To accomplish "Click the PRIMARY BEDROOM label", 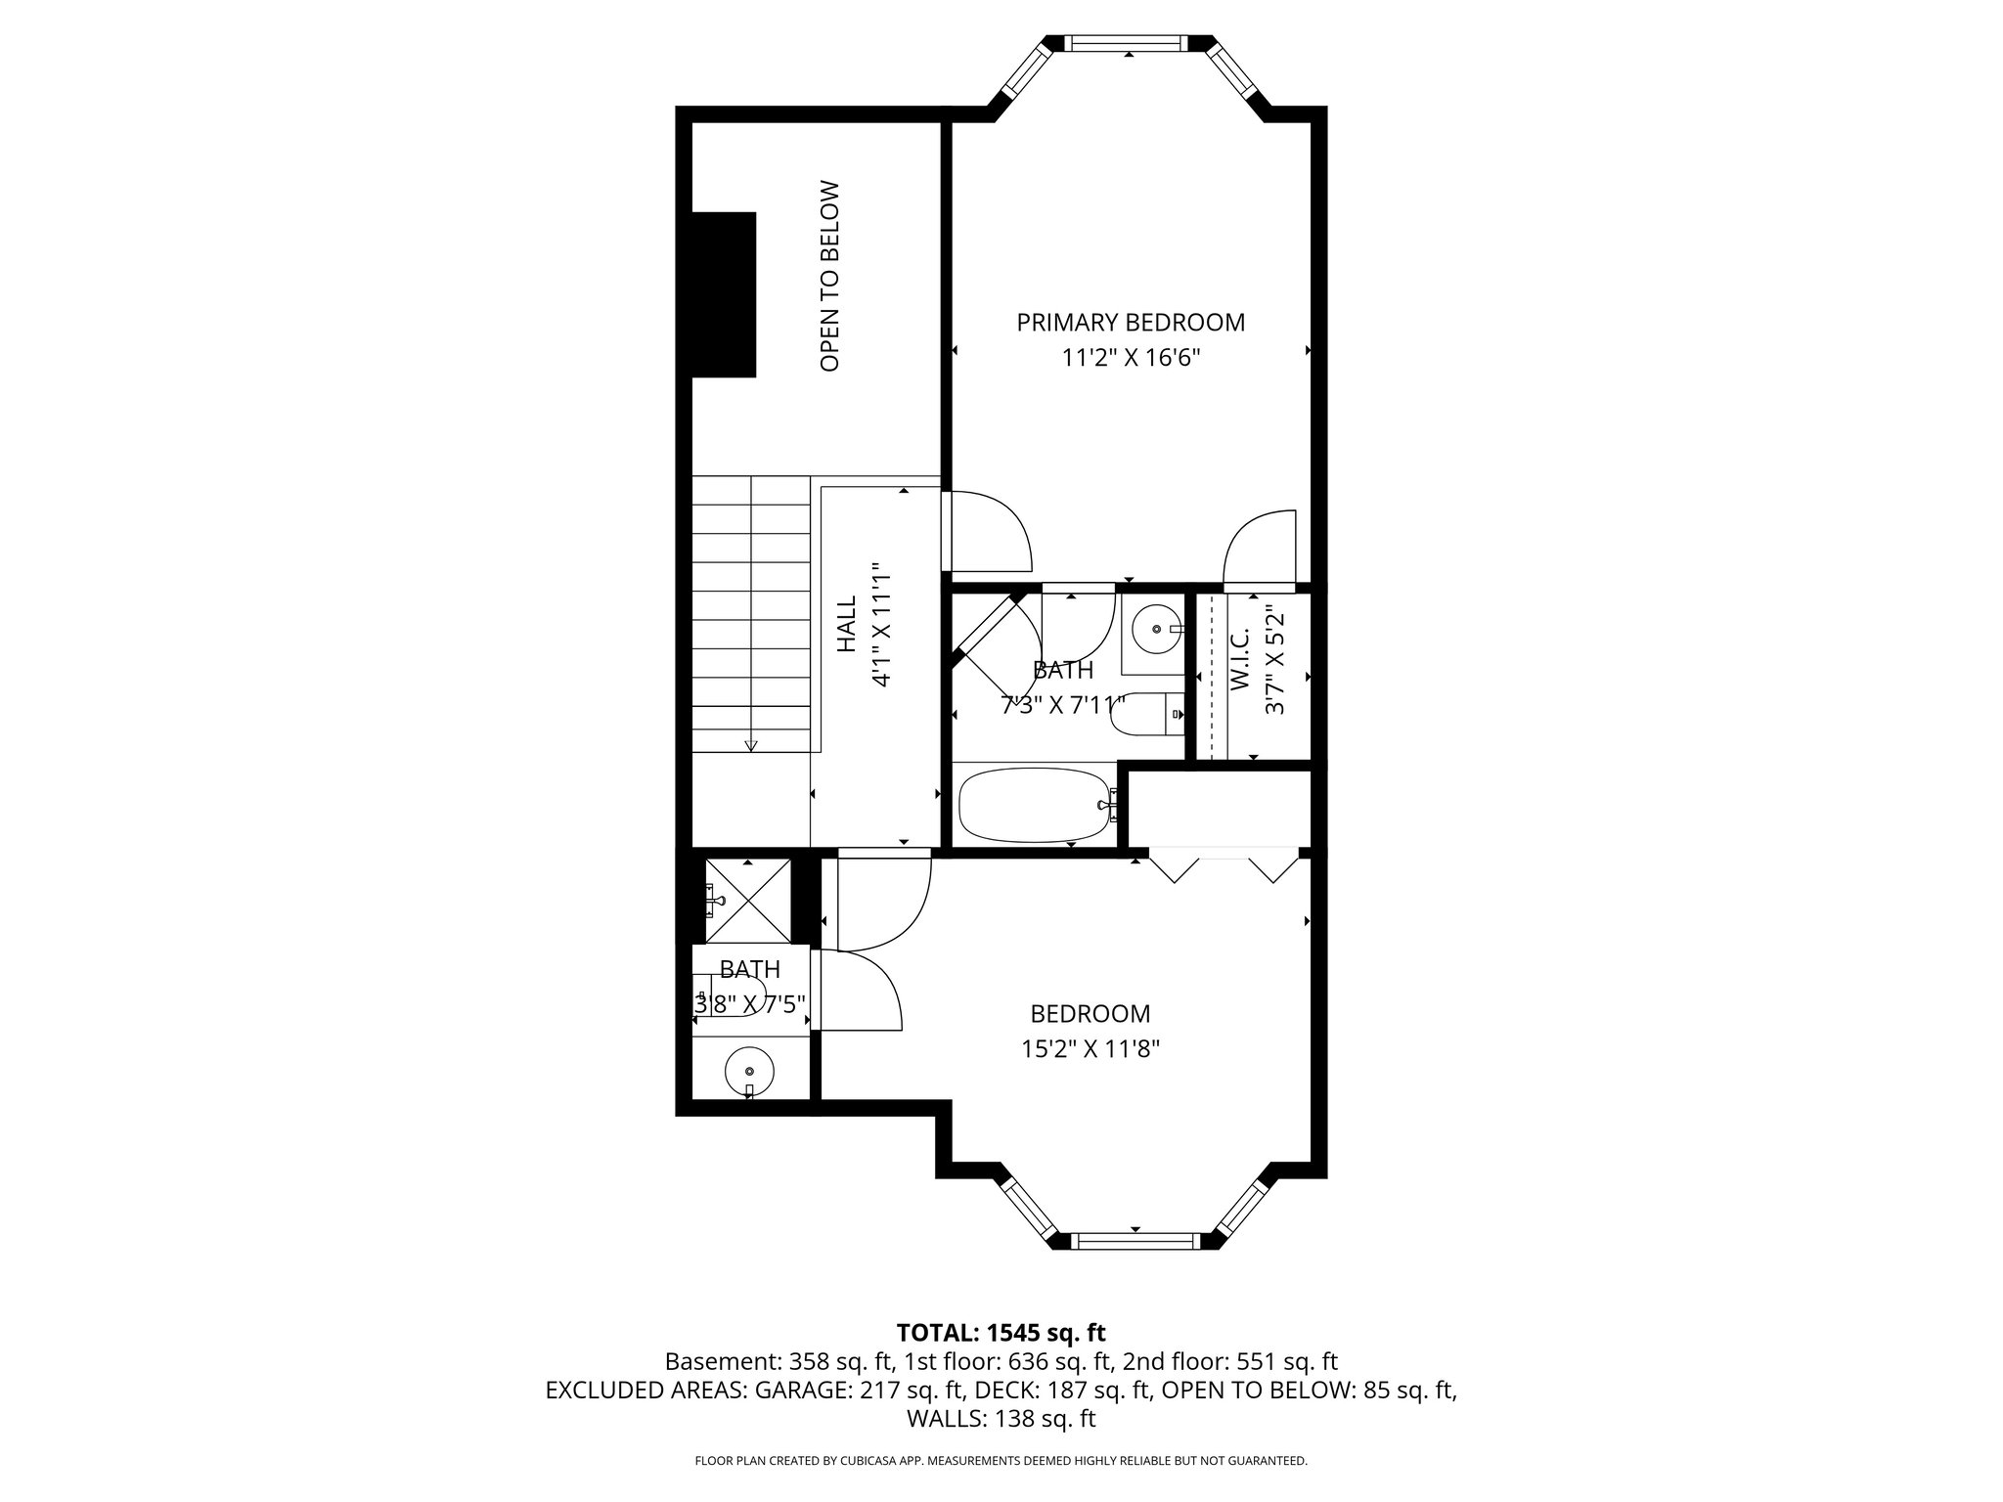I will (x=1131, y=322).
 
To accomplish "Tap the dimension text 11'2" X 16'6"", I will (x=1131, y=358).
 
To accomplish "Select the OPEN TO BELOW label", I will (x=829, y=276).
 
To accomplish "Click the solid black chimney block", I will (x=724, y=294).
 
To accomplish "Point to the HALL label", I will (x=847, y=625).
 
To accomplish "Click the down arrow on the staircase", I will (x=751, y=745).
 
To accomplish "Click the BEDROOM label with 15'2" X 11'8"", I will (x=1090, y=1013).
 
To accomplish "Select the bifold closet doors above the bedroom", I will (x=1223, y=864).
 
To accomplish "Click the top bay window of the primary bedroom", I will (x=1129, y=43).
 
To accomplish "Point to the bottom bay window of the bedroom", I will (x=1135, y=1242).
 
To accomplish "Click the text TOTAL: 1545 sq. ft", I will (x=1001, y=1332).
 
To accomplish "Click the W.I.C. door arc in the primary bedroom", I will (x=1260, y=548).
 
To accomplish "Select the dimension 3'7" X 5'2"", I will (x=1273, y=674).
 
